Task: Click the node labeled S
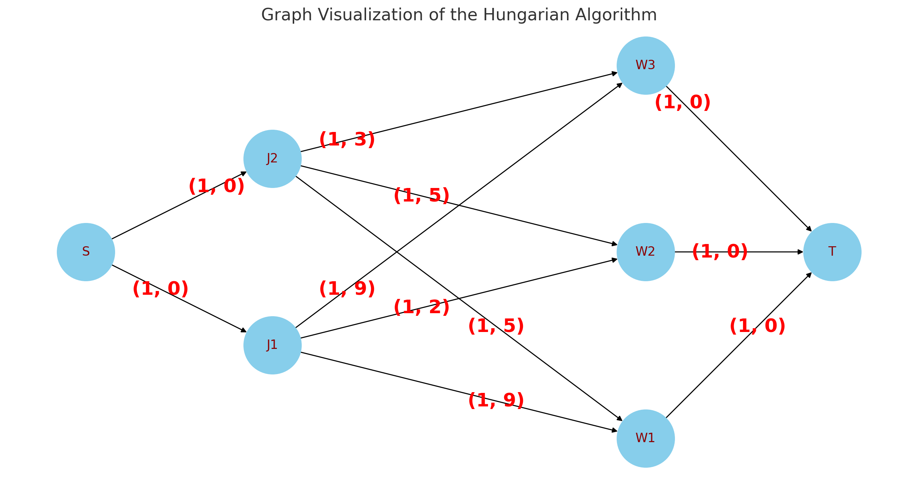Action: pyautogui.click(x=86, y=252)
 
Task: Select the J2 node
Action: pyautogui.click(x=272, y=159)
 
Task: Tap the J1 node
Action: pyautogui.click(x=272, y=345)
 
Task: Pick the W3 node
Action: pyautogui.click(x=646, y=65)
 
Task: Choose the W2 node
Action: pyautogui.click(x=646, y=252)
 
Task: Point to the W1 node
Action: pyautogui.click(x=646, y=438)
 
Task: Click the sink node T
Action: pyautogui.click(x=832, y=252)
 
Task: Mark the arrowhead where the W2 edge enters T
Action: pyautogui.click(x=800, y=252)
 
